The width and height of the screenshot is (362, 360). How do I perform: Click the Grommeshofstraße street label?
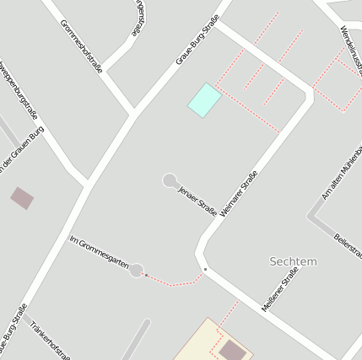(82, 46)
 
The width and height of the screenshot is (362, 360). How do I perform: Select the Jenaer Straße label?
(197, 200)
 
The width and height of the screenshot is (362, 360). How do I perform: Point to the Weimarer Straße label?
(238, 196)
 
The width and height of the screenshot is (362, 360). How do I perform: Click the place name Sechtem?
(293, 261)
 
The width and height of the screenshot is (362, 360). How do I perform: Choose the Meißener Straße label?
(280, 288)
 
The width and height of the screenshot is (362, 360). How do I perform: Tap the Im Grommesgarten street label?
(99, 253)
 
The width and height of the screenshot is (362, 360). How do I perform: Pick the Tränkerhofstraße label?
(50, 339)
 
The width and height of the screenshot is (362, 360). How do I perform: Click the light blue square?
(204, 100)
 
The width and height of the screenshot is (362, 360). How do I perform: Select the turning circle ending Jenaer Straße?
(170, 180)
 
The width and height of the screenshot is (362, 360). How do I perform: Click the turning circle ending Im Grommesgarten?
(137, 271)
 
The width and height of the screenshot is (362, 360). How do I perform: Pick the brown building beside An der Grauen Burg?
(23, 199)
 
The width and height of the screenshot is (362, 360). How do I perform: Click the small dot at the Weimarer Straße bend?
(205, 269)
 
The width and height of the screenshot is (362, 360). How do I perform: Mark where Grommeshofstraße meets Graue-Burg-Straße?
(132, 112)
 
